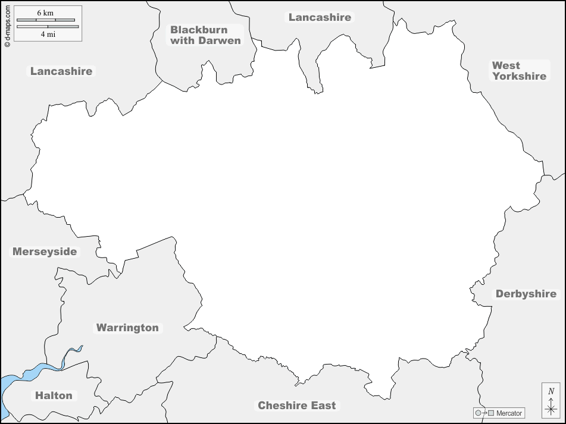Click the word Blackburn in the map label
point(199,30)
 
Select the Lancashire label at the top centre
point(320,17)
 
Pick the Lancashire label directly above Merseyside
point(61,71)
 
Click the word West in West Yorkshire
point(506,65)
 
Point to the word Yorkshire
point(519,76)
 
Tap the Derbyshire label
point(526,294)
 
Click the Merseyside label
point(45,252)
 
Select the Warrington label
point(127,328)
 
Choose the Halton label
point(54,395)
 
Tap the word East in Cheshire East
point(324,406)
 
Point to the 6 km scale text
point(45,12)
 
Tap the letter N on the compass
point(551,391)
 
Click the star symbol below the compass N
point(551,409)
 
